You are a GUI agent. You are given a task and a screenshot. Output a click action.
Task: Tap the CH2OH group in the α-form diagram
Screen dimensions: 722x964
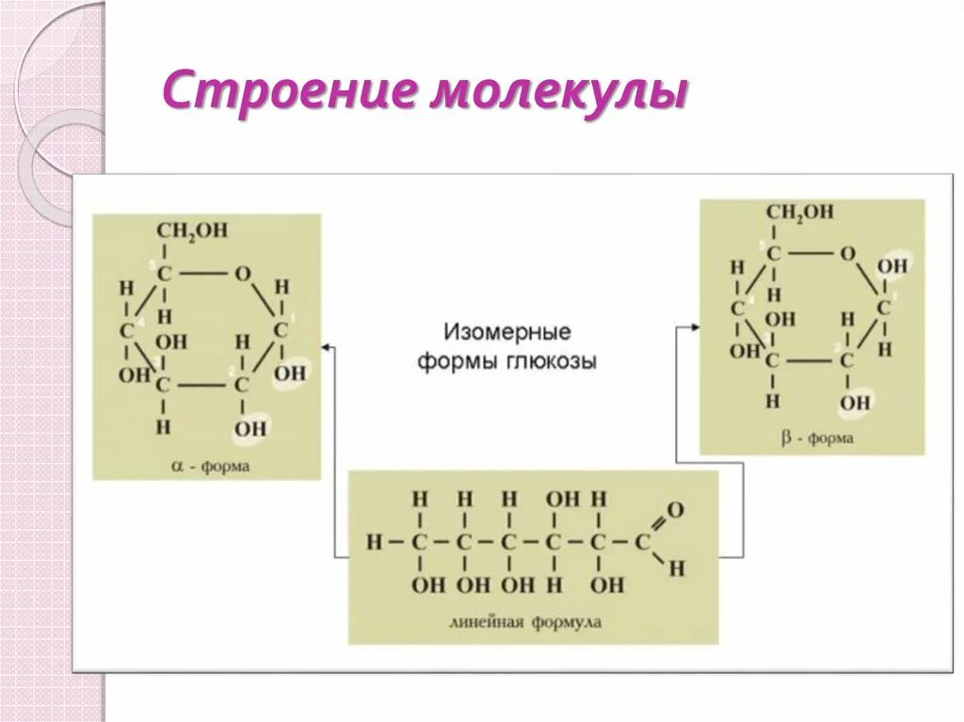pyautogui.click(x=192, y=231)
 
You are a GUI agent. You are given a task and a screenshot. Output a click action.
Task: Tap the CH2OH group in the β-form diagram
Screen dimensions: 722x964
pyautogui.click(x=799, y=212)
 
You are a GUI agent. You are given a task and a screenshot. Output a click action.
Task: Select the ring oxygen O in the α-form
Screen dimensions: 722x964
pyautogui.click(x=244, y=274)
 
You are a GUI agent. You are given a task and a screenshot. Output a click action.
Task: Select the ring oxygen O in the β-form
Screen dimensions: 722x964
pyautogui.click(x=847, y=253)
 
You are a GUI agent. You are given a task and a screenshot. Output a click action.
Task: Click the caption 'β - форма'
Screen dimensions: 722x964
pyautogui.click(x=818, y=438)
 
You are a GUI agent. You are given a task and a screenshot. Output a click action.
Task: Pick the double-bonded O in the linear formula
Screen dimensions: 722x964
pyautogui.click(x=675, y=511)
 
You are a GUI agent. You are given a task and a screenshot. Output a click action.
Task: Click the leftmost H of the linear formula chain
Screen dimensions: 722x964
pyautogui.click(x=375, y=542)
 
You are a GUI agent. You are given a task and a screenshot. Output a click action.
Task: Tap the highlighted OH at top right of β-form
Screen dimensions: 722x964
pyautogui.click(x=892, y=266)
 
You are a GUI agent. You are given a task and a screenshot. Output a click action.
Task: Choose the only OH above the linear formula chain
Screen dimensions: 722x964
pyautogui.click(x=563, y=499)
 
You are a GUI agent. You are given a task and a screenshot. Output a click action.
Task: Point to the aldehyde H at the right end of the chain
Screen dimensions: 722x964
pyautogui.click(x=676, y=568)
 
